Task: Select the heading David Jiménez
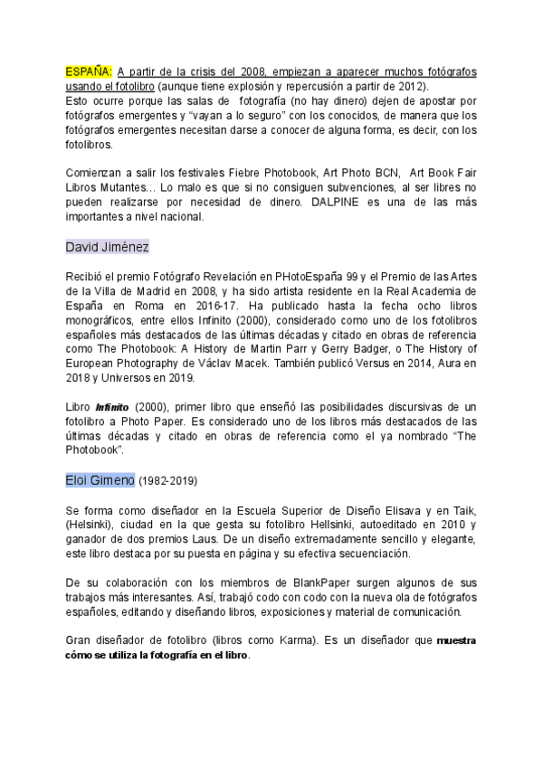click(x=108, y=247)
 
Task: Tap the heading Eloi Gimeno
click(x=100, y=479)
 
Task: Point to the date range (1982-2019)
click(x=167, y=480)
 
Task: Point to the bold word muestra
click(x=455, y=640)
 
